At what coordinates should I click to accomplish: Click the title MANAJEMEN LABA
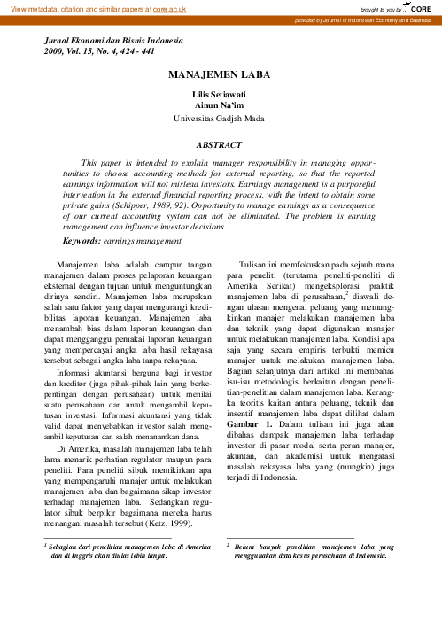click(x=221, y=79)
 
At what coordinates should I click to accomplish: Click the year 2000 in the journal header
click(x=55, y=52)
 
